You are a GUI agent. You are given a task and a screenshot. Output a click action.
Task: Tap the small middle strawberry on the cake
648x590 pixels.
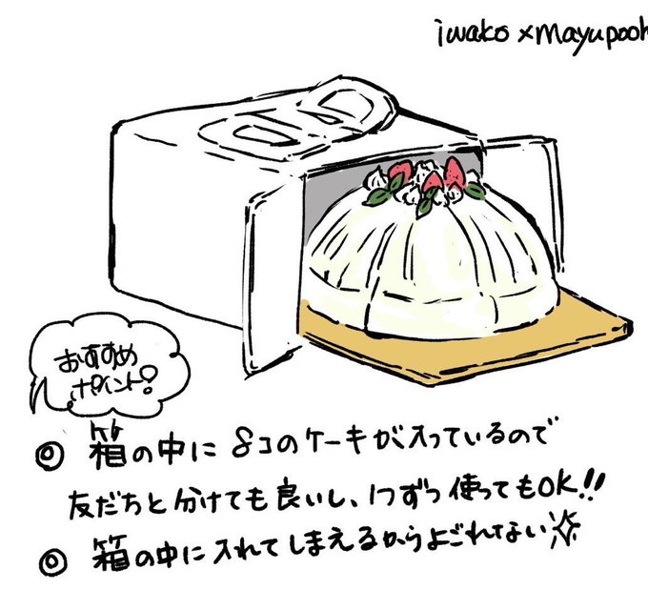pyautogui.click(x=433, y=181)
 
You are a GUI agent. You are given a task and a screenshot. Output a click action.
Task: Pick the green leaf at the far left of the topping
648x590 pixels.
pyautogui.click(x=377, y=196)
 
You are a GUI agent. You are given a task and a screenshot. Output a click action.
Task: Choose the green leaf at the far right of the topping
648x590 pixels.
pyautogui.click(x=473, y=193)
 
